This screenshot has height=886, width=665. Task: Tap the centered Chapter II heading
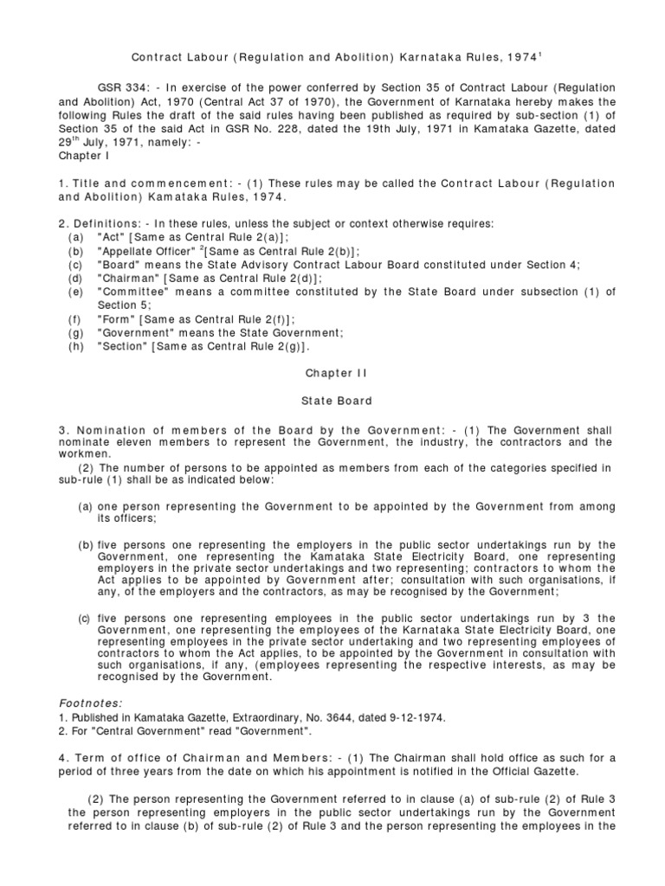(336, 373)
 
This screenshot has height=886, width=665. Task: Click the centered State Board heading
(336, 401)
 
